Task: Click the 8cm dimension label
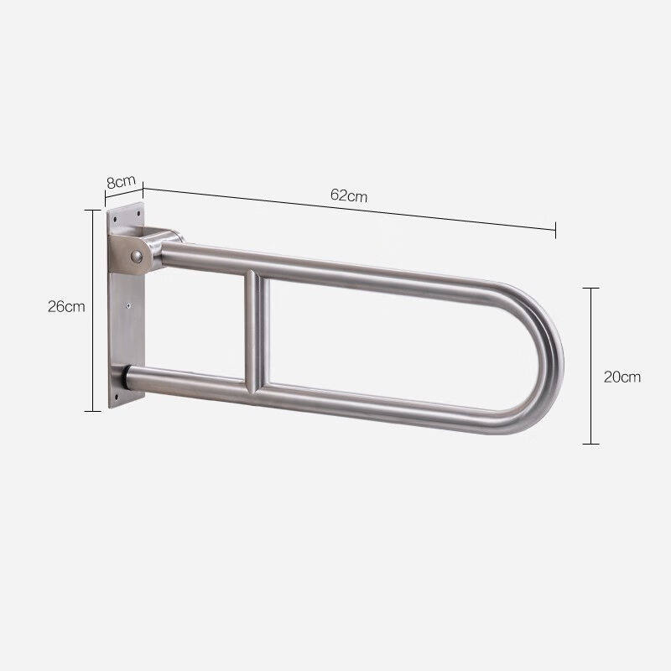coord(121,181)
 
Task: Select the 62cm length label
coord(349,195)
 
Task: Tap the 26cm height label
coord(66,306)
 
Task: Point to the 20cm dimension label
coord(622,377)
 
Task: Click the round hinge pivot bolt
coord(137,257)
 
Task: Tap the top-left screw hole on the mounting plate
coord(115,219)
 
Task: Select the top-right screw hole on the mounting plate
coord(138,213)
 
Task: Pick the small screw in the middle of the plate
coord(129,305)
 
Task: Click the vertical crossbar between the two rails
coord(257,330)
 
